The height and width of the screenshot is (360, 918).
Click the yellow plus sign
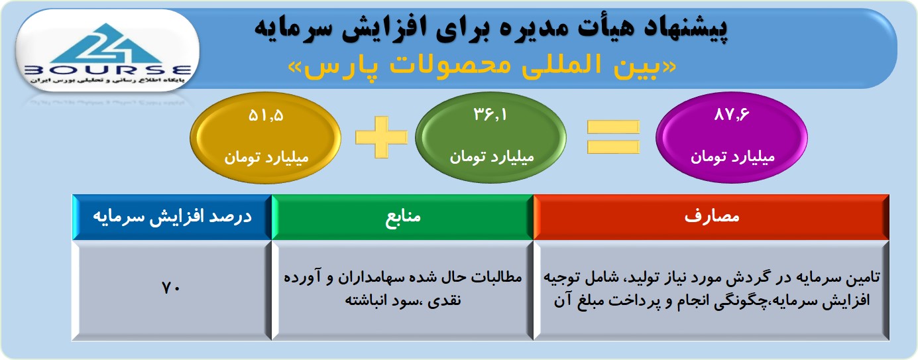382,137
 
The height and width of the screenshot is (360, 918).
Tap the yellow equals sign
613,137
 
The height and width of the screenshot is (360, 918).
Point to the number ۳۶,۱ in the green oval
490,115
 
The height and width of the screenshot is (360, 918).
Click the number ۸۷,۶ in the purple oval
732,115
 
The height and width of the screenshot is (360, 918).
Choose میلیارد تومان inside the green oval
492,157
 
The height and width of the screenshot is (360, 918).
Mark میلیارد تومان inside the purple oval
732,157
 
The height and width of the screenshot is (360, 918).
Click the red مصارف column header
711,217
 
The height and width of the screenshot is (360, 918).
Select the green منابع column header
402,217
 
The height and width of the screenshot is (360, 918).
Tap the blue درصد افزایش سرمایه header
172,217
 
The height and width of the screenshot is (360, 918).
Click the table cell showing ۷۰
172,290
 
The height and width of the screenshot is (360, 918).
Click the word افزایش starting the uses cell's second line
848,301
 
